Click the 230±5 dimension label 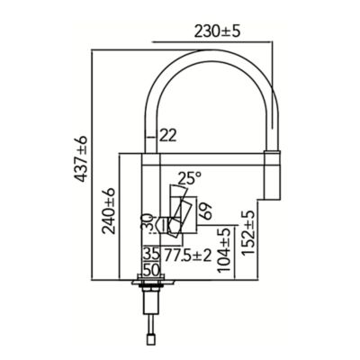pyautogui.click(x=218, y=31)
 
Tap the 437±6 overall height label pyautogui.click(x=80, y=158)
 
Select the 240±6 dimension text pyautogui.click(x=108, y=211)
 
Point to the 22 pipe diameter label pyautogui.click(x=167, y=136)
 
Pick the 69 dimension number pyautogui.click(x=205, y=211)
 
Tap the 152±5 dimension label pyautogui.click(x=248, y=233)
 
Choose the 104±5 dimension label pyautogui.click(x=224, y=250)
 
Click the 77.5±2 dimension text pyautogui.click(x=188, y=256)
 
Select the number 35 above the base pyautogui.click(x=151, y=255)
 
